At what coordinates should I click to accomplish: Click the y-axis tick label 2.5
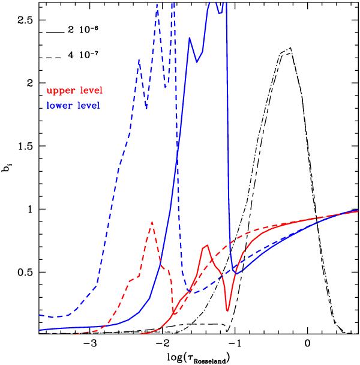tap(26, 20)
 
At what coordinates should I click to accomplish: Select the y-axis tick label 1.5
tap(26, 146)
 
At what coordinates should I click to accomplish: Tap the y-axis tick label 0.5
tap(26, 272)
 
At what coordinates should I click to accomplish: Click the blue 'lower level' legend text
tap(73, 106)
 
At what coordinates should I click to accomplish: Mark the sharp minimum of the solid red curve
tap(227, 310)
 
